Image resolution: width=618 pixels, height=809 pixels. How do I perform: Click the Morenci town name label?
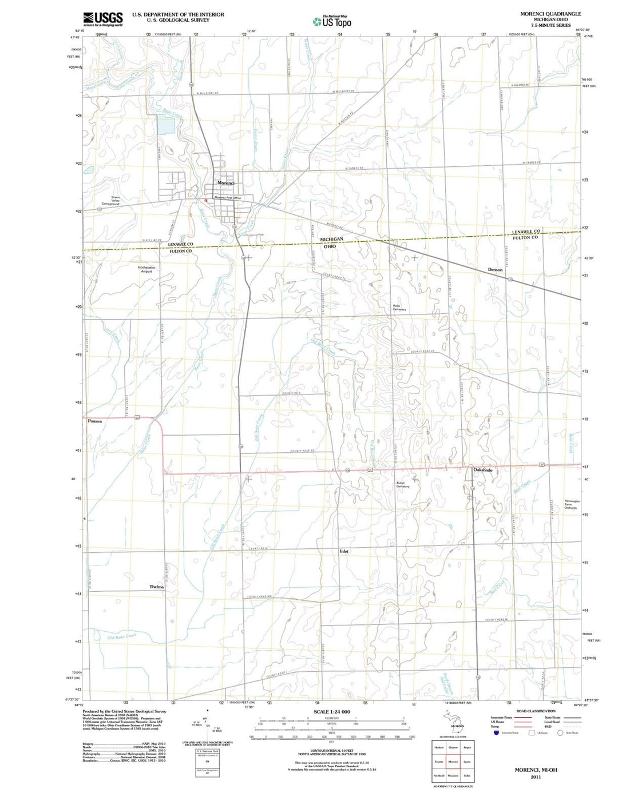225,183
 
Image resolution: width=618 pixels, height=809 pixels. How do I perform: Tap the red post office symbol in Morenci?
206,201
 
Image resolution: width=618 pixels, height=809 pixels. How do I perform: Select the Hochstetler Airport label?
146,269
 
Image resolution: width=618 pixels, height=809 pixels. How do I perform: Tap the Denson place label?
495,270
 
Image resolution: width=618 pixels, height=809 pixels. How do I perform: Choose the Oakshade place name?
483,470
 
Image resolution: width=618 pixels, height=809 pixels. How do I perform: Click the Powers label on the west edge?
95,421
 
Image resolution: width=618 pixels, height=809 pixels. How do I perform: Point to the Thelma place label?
156,587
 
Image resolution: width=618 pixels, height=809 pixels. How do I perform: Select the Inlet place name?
344,552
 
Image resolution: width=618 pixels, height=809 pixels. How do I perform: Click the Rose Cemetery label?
399,308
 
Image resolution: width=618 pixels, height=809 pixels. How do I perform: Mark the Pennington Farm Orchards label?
572,504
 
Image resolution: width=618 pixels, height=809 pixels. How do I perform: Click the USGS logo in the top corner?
103,19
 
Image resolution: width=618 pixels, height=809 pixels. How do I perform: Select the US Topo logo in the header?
332,22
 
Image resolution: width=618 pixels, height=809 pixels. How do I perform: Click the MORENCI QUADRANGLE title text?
542,14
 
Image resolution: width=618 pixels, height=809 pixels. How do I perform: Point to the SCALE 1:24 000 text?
332,712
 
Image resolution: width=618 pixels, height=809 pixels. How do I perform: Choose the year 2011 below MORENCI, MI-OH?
536,777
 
